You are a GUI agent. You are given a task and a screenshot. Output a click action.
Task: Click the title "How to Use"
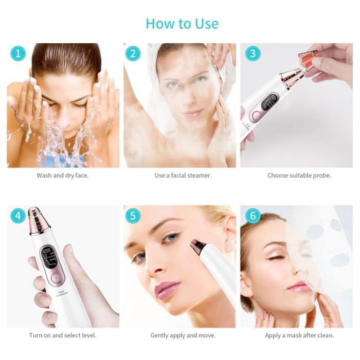(x=182, y=24)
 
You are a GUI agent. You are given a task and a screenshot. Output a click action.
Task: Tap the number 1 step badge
(x=19, y=53)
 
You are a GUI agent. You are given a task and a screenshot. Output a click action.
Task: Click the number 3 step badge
(x=253, y=53)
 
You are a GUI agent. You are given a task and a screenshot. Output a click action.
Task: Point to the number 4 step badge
(x=19, y=216)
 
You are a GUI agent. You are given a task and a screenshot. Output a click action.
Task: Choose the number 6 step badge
(x=253, y=216)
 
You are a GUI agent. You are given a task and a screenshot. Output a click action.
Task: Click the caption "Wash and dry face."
(x=63, y=175)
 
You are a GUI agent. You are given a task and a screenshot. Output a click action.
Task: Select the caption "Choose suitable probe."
(x=299, y=175)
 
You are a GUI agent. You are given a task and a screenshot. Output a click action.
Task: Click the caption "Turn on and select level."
(x=63, y=335)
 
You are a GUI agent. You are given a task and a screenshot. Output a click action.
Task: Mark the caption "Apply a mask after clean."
(x=299, y=335)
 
